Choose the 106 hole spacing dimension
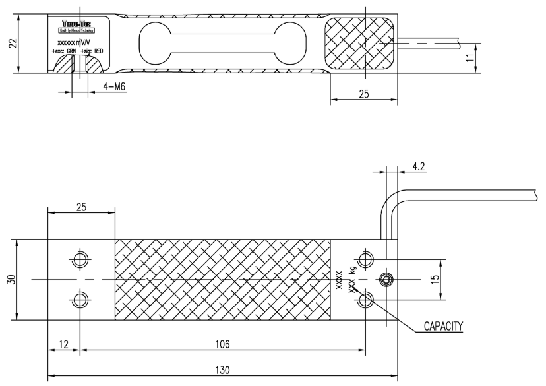tap(223, 342)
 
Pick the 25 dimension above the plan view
tap(81, 206)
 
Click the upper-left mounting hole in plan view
tap(80, 259)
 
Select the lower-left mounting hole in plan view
tap(80, 300)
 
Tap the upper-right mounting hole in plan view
tap(366, 259)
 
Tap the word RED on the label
tap(98, 51)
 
